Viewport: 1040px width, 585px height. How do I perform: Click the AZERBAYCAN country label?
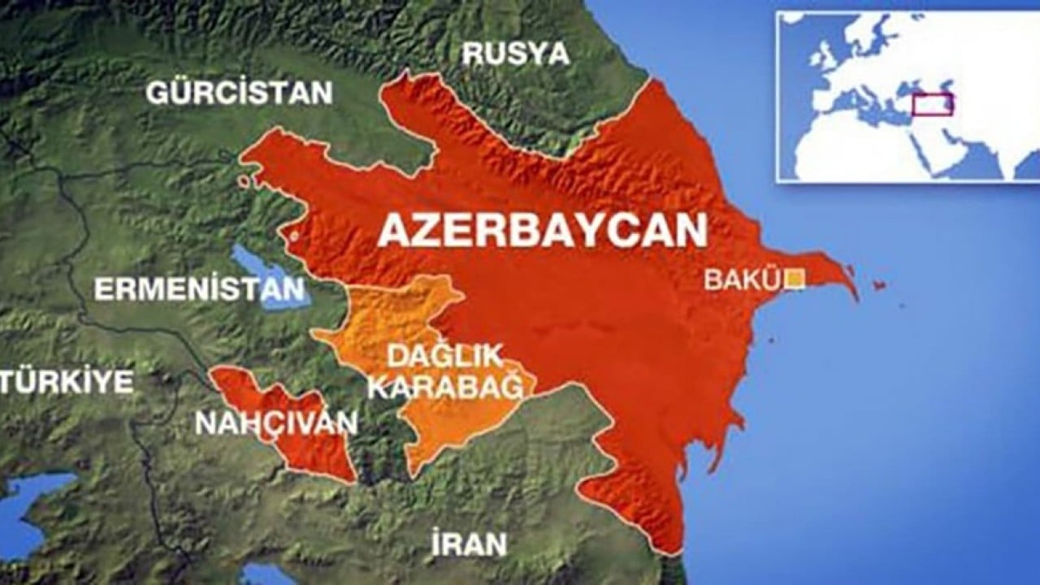click(x=542, y=230)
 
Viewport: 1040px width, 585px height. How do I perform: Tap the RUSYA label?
click(x=515, y=54)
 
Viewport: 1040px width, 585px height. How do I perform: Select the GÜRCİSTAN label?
click(x=239, y=93)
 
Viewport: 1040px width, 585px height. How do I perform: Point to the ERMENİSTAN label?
click(x=199, y=290)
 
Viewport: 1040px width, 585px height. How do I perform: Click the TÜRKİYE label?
click(x=67, y=382)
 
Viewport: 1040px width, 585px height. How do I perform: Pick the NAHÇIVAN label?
click(x=276, y=422)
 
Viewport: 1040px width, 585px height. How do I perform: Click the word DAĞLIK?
click(x=444, y=356)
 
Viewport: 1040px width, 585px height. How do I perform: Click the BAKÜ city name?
click(x=741, y=279)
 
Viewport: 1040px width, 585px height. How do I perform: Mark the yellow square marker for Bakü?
click(x=795, y=279)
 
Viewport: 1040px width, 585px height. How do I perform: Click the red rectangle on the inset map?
click(x=932, y=105)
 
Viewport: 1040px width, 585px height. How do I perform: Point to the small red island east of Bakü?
click(x=878, y=285)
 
